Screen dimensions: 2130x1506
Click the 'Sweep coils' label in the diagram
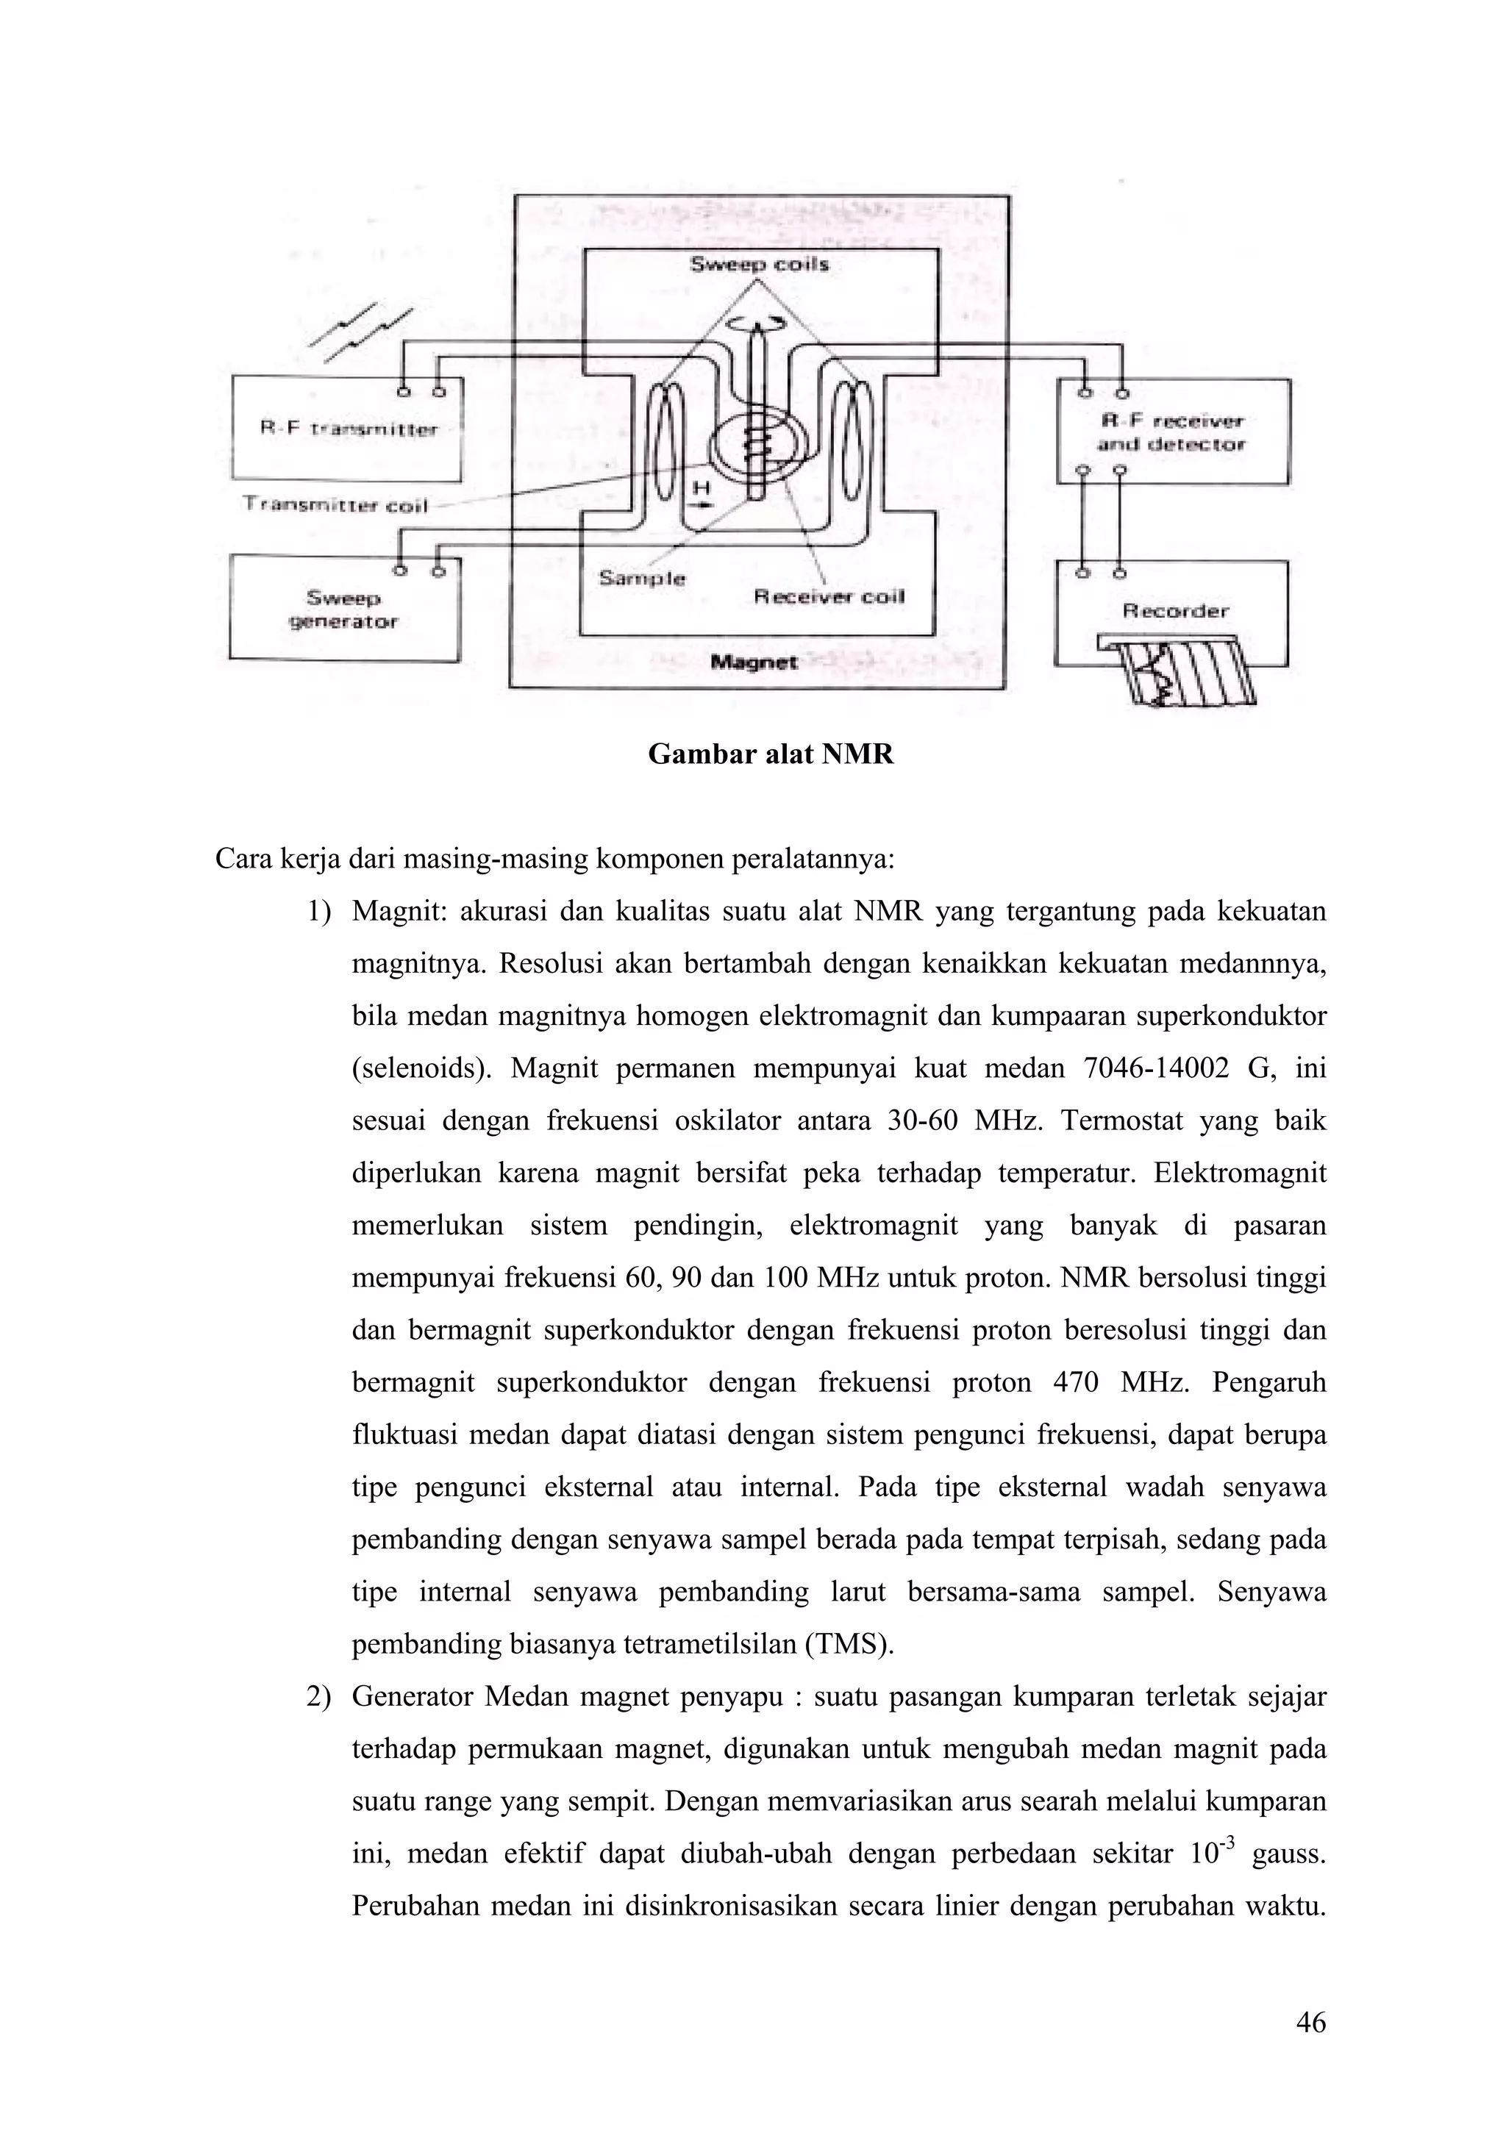coord(759,265)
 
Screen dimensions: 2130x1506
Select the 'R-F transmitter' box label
coord(348,429)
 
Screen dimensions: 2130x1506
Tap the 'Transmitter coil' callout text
coord(335,504)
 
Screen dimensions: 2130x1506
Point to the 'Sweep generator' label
coord(343,610)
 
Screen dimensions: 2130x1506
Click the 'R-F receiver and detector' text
coord(1170,432)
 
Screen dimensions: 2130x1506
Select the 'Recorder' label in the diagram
coord(1175,610)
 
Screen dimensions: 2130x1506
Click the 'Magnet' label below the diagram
coord(754,662)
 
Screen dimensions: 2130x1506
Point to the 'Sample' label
coord(642,578)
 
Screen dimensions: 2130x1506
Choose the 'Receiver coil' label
coord(829,596)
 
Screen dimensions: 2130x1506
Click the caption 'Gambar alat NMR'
coord(770,754)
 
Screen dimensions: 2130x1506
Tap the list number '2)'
coord(318,1698)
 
